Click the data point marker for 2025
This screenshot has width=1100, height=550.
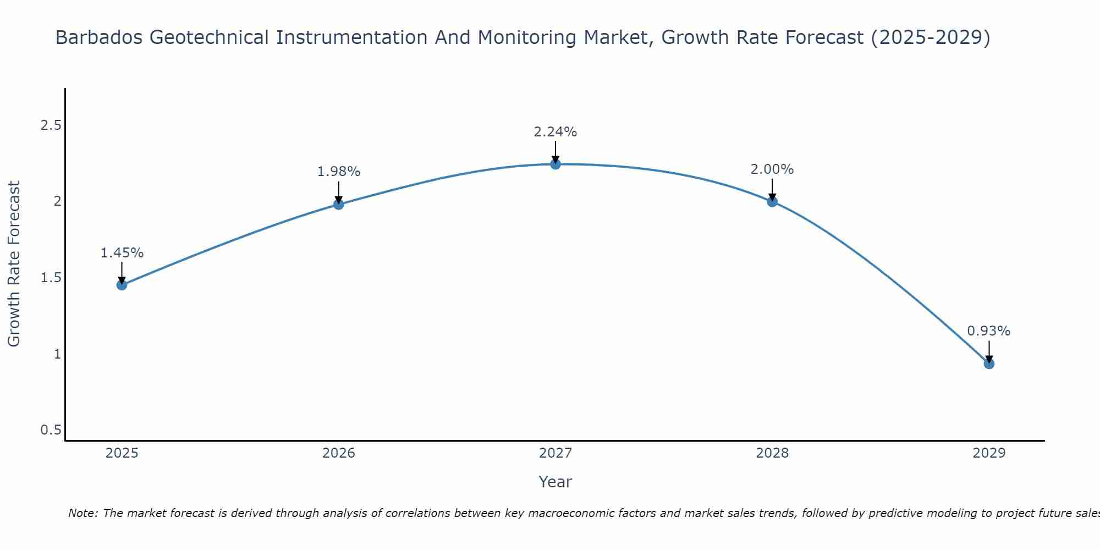[122, 285]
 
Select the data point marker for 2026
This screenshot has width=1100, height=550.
[339, 205]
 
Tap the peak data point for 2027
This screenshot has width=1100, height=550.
[555, 164]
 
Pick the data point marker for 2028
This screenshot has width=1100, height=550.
[772, 201]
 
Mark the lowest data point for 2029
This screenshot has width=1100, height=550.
[989, 364]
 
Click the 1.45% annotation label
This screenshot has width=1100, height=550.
[122, 253]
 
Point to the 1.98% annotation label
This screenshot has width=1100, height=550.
[339, 172]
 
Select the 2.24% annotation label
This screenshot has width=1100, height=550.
[555, 132]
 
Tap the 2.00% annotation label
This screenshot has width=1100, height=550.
[772, 169]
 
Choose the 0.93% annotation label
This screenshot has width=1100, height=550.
[989, 331]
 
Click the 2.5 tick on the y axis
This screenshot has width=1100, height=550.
[51, 126]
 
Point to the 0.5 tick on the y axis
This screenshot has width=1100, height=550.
[51, 430]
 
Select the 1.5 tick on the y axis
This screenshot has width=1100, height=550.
[51, 278]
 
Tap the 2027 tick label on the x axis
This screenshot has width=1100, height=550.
[555, 453]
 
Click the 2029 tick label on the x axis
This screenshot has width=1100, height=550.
[989, 453]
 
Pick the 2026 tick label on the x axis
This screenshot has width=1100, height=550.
[339, 453]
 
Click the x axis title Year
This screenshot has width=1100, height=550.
[555, 482]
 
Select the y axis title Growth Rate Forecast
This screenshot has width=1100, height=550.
[14, 264]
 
